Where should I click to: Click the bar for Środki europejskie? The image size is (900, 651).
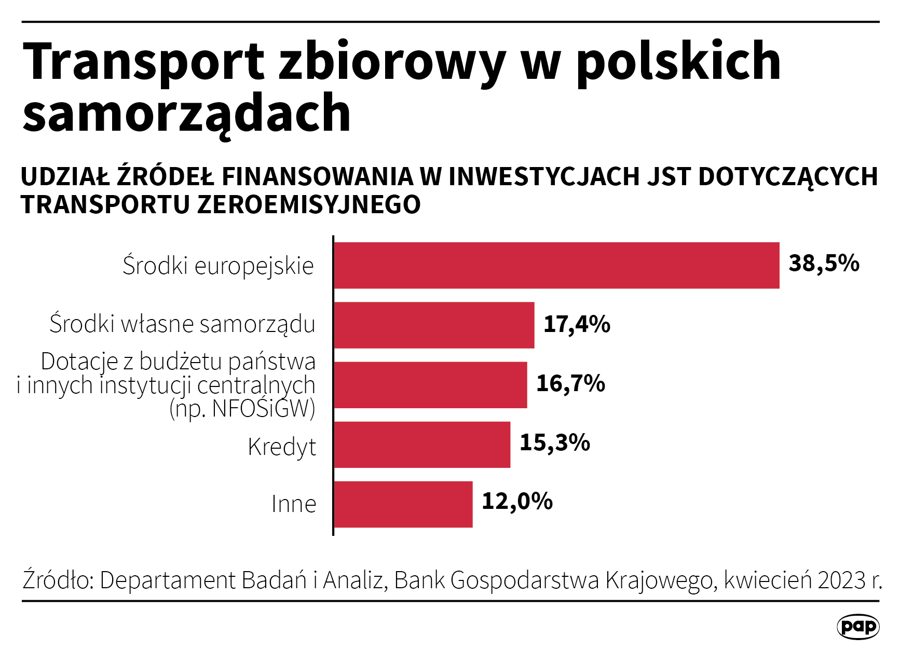(x=556, y=265)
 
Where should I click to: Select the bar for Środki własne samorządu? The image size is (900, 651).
(x=434, y=325)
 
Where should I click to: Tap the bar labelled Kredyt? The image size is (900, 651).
(x=422, y=445)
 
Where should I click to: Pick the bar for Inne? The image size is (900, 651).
(x=403, y=504)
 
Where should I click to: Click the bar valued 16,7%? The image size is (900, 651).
(x=430, y=385)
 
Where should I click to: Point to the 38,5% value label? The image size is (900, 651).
(x=824, y=263)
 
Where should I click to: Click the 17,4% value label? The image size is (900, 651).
(x=577, y=324)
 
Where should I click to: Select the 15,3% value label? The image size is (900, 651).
(x=554, y=442)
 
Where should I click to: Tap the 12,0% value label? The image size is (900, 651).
(x=517, y=502)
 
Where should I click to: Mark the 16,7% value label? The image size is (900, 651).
(x=570, y=383)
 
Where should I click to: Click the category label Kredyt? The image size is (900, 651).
(x=282, y=447)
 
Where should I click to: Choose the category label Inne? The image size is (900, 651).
(x=294, y=504)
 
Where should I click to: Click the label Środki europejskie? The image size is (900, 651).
(x=218, y=266)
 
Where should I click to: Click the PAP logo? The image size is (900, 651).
(x=858, y=627)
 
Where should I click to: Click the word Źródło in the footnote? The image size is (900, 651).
(x=57, y=580)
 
